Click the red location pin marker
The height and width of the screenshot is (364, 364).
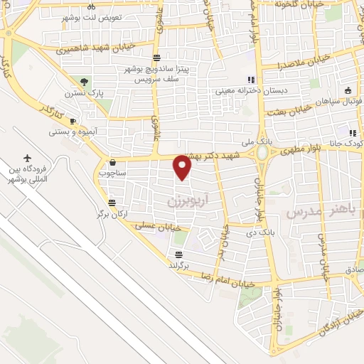tap(183, 168)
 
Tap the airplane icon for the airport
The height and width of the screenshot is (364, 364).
tap(28, 158)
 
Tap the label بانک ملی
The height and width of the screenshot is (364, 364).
tap(237, 143)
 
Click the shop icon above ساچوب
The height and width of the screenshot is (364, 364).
tap(112, 162)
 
